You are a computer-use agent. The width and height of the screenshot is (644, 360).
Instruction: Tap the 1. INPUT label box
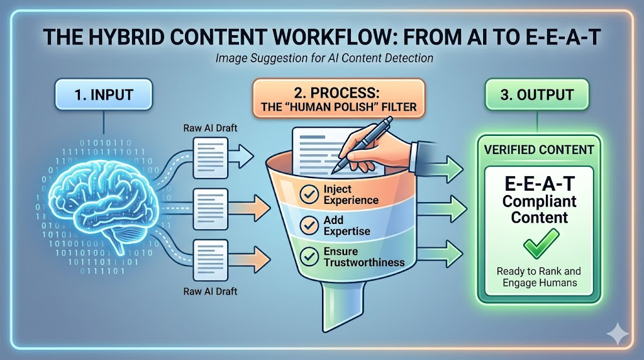pos(104,94)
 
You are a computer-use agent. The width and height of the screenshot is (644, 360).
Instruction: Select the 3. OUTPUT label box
pos(537,94)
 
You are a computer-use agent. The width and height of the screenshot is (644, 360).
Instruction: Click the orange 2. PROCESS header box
pos(338,99)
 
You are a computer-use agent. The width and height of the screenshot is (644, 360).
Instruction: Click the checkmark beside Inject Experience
pos(309,194)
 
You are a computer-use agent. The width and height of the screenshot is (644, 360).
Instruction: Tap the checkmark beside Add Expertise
pos(309,225)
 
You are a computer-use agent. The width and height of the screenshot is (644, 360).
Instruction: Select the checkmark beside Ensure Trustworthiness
pos(309,256)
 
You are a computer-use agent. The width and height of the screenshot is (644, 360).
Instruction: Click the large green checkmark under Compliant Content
pos(541,244)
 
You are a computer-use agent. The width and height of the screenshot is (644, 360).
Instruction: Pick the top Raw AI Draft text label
pos(210,128)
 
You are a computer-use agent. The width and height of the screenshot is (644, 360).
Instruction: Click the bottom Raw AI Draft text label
pos(210,291)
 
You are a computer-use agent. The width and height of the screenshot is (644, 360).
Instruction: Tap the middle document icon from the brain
pos(210,209)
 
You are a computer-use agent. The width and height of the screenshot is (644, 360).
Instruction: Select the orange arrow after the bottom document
pos(250,259)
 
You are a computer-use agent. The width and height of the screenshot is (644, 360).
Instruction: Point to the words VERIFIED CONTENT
pos(539,150)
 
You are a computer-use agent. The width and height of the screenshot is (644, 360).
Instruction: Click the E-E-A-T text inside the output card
pos(539,183)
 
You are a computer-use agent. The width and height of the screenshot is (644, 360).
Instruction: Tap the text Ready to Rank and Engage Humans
pos(539,277)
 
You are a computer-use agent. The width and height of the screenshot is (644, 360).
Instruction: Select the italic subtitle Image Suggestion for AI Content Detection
pos(325,58)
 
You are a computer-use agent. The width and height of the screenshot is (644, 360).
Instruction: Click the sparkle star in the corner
pos(618,333)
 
